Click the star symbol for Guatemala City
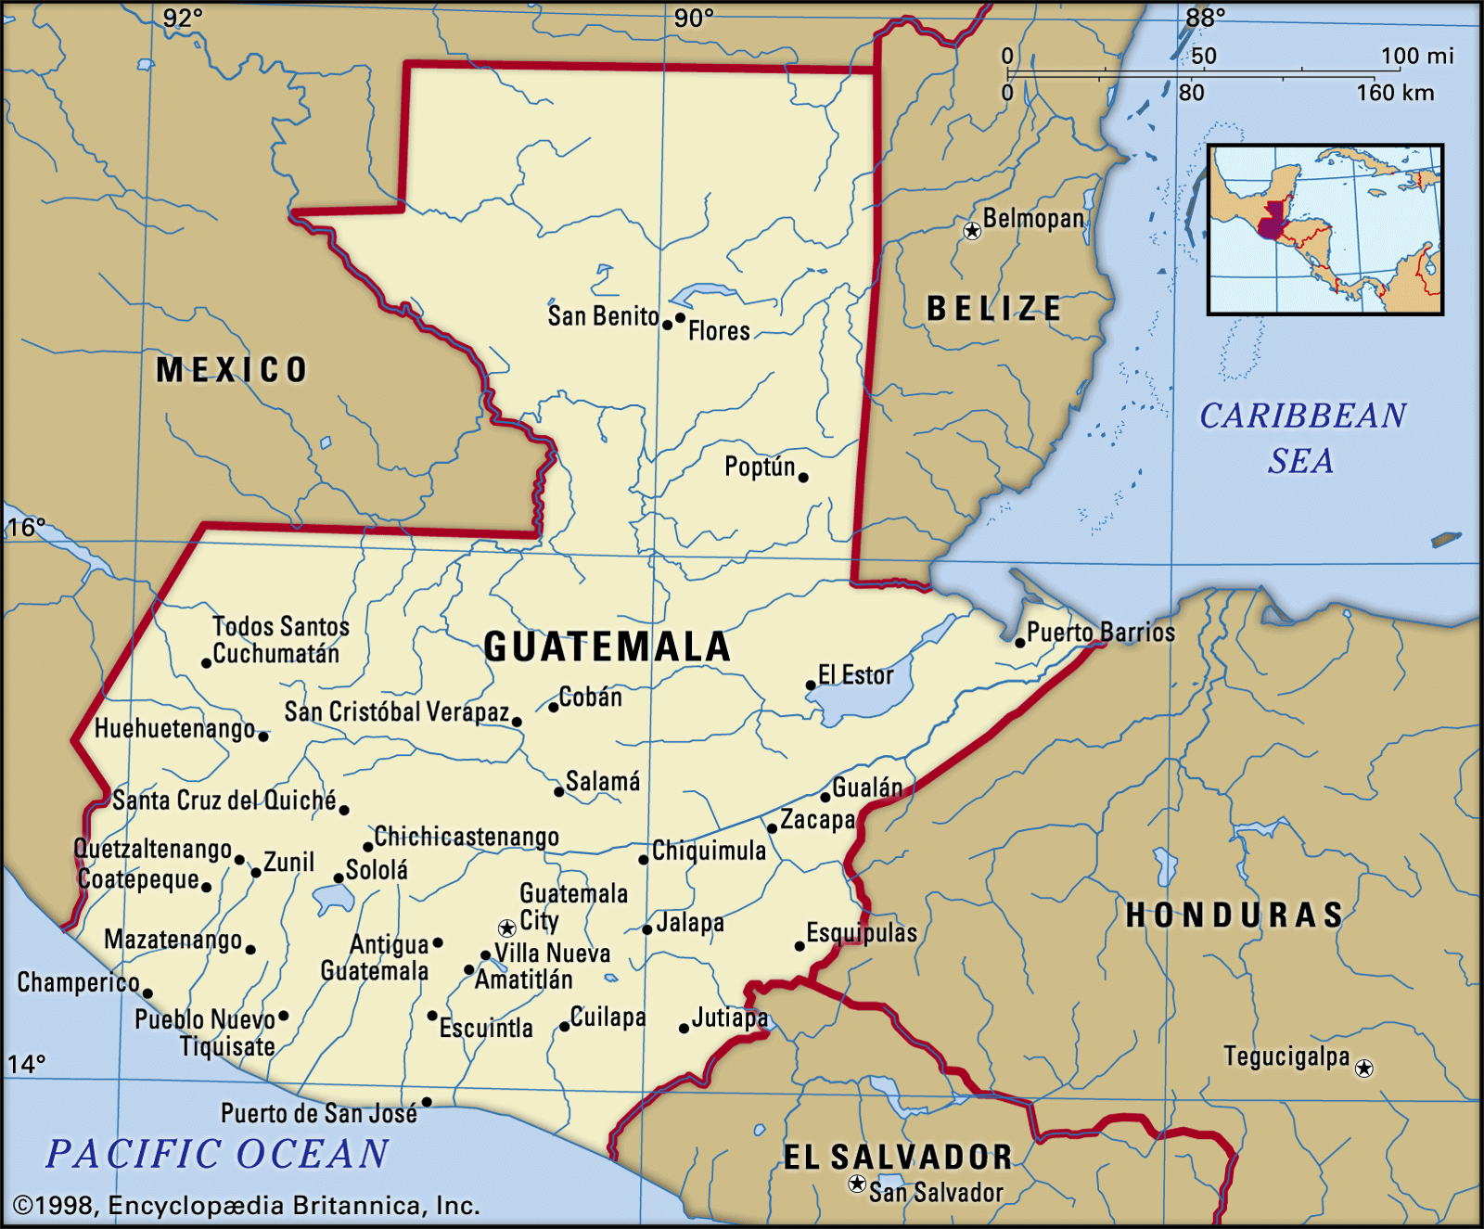(x=506, y=928)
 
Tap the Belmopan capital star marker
(x=972, y=231)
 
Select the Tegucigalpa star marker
(x=1363, y=1069)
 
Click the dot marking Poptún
(x=803, y=478)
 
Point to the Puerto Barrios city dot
(x=1019, y=643)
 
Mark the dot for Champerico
(x=147, y=993)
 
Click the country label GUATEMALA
(x=608, y=647)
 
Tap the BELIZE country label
(x=994, y=308)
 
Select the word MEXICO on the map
(x=231, y=370)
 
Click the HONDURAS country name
(x=1235, y=915)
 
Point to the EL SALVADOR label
(x=897, y=1157)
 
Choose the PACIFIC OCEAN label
(x=218, y=1154)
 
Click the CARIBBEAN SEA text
(x=1302, y=437)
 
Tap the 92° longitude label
(x=183, y=18)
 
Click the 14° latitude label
(x=26, y=1064)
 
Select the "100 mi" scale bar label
(x=1416, y=57)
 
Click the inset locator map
(x=1325, y=229)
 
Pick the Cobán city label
(x=591, y=698)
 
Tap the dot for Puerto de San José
(x=427, y=1102)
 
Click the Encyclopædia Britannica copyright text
(x=247, y=1205)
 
